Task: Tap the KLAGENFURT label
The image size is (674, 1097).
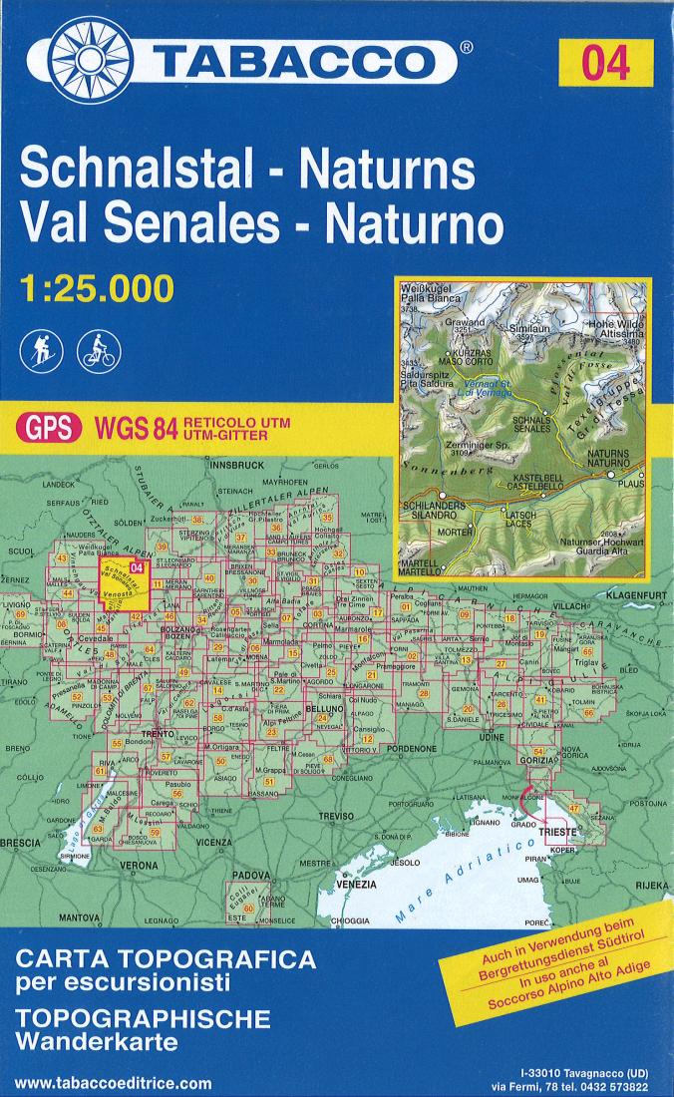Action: [634, 594]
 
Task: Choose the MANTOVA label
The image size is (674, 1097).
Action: [81, 915]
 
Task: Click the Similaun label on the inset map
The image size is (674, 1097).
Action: [525, 326]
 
